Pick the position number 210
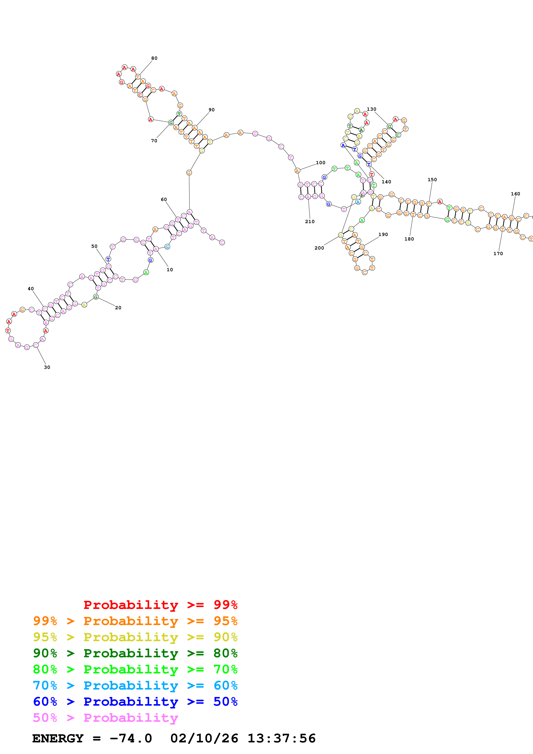pos(310,222)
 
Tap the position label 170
pos(498,254)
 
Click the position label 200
pos(319,248)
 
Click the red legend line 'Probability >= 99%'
pos(160,605)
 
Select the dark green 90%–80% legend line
pos(135,653)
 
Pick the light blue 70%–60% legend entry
pos(135,685)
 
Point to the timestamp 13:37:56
pos(281,738)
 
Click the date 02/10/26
pos(204,738)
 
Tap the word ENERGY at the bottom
pos(58,738)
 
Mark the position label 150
pos(432,180)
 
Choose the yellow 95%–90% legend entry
pos(135,637)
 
